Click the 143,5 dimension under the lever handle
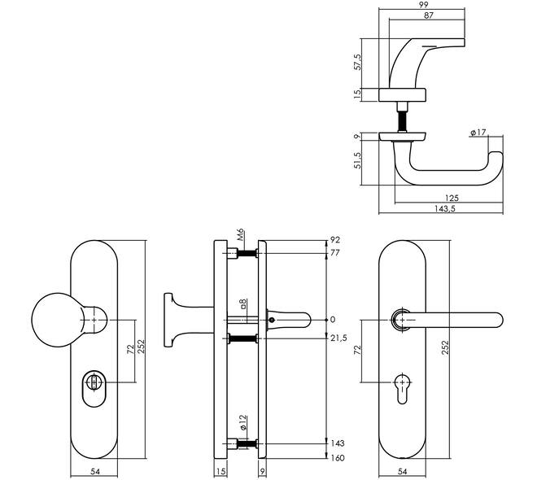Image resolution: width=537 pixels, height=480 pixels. (x=444, y=208)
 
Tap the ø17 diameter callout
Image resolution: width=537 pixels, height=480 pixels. (x=478, y=132)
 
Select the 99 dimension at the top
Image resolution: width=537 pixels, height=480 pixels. (x=423, y=4)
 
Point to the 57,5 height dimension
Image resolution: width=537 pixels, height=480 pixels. (x=357, y=62)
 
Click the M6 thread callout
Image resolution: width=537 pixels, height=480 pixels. (x=240, y=235)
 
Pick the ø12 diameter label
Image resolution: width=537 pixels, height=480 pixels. (x=242, y=422)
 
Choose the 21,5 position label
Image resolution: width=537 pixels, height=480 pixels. (x=338, y=338)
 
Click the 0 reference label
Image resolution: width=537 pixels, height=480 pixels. (x=333, y=320)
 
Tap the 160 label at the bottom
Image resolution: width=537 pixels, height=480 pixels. (x=338, y=458)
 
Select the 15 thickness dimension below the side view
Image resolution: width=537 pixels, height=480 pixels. (x=220, y=471)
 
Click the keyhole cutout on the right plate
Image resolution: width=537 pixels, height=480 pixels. (x=402, y=389)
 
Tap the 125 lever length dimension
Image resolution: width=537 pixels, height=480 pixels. (x=452, y=198)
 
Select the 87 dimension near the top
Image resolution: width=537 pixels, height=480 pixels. (x=429, y=15)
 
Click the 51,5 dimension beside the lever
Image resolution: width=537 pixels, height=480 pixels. (x=357, y=160)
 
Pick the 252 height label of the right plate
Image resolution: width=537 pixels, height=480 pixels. (x=445, y=347)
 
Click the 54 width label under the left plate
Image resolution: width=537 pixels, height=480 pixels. (x=95, y=471)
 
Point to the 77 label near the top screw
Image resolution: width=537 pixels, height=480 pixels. (x=335, y=253)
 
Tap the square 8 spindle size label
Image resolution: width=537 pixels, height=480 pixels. (x=242, y=303)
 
